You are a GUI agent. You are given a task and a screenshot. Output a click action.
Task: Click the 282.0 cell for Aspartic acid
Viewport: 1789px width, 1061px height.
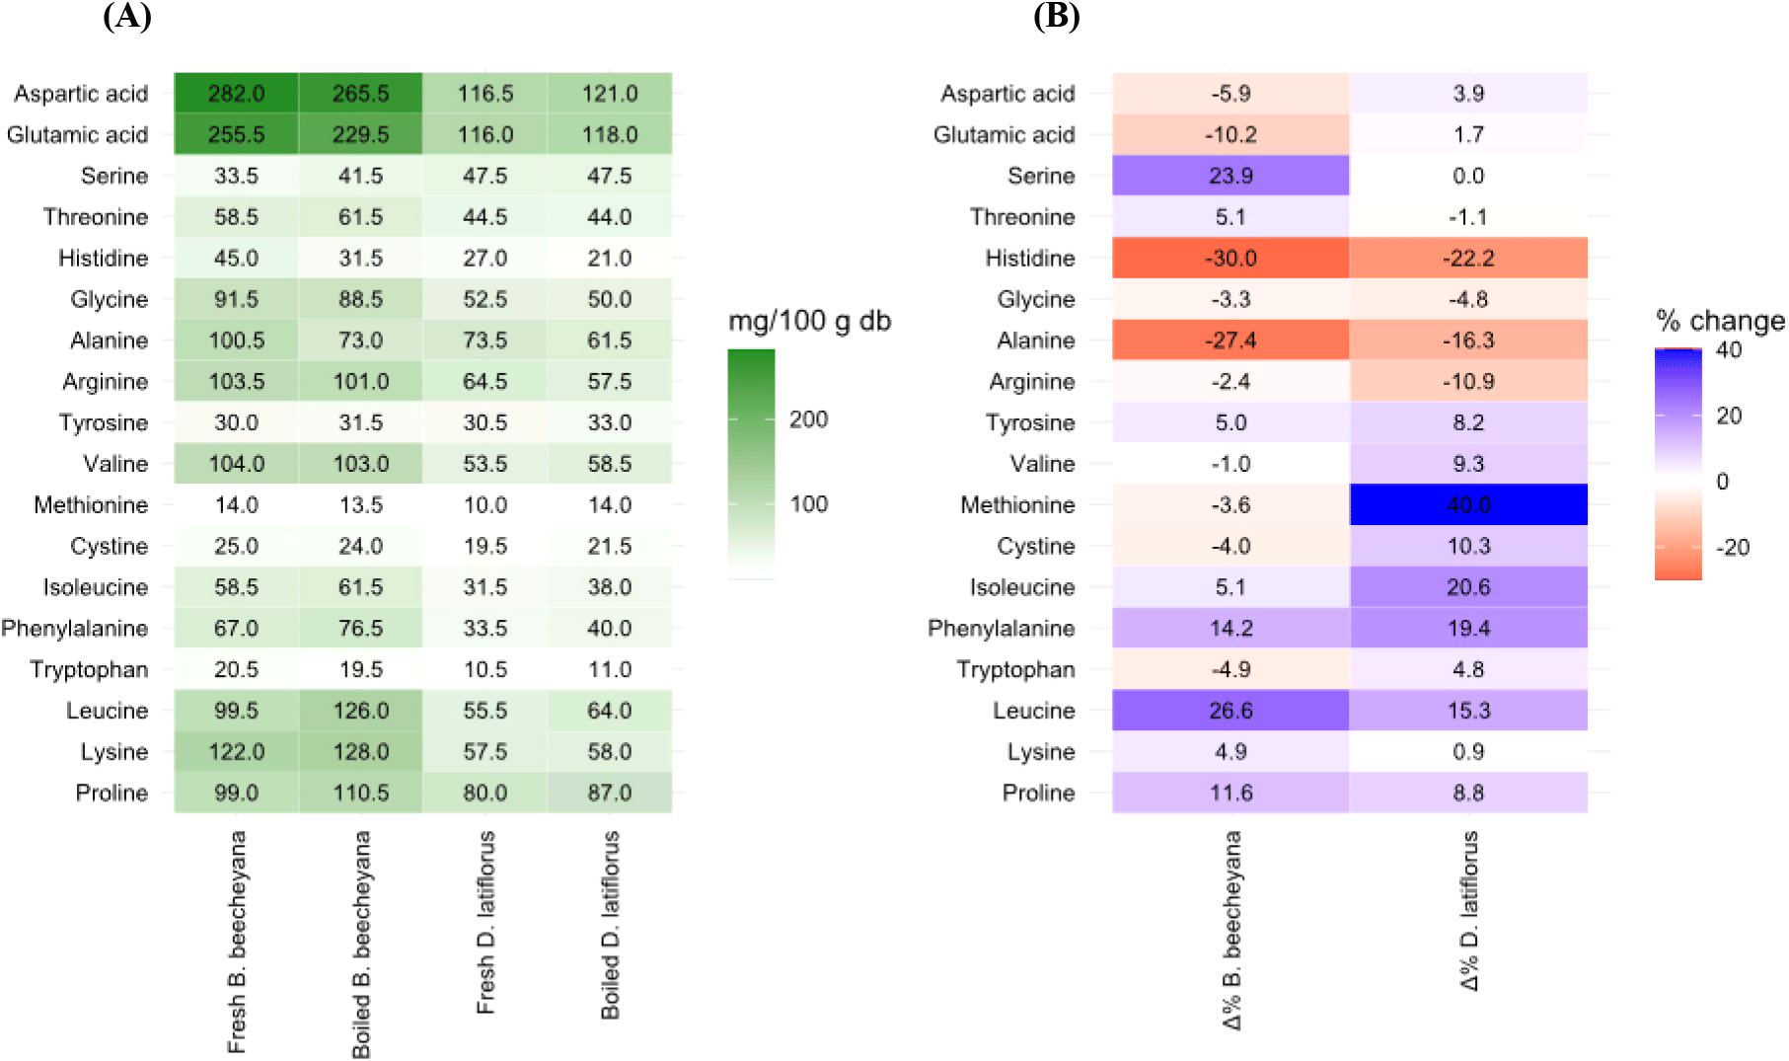[x=236, y=94]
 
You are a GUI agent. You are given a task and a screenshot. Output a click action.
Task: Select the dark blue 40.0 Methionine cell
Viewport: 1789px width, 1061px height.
[x=1468, y=504]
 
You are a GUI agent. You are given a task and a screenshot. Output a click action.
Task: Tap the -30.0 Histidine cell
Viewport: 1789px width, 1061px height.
[x=1230, y=259]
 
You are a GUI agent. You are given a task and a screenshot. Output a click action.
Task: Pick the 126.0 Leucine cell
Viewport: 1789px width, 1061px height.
[x=360, y=711]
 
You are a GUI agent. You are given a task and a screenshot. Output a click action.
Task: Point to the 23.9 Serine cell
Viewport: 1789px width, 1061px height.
[x=1230, y=176]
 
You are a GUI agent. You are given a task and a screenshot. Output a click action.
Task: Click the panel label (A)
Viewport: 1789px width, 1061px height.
[x=127, y=16]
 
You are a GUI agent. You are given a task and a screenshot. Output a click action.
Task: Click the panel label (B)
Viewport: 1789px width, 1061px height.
[x=1056, y=16]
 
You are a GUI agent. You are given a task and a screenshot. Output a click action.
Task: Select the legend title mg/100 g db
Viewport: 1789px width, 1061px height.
[x=809, y=321]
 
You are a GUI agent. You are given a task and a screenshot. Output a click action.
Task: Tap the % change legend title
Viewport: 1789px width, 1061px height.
[x=1720, y=321]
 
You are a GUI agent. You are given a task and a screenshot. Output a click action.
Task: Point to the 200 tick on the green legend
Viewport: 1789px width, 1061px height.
[x=808, y=419]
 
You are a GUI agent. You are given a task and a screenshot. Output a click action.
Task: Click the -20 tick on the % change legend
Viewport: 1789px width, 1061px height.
[x=1732, y=548]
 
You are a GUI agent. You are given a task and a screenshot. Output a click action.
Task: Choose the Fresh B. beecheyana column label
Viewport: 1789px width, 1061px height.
[x=237, y=942]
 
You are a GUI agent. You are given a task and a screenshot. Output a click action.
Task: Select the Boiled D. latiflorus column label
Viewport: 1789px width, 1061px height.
[x=611, y=925]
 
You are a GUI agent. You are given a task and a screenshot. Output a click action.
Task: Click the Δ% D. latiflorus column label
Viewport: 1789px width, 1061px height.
[x=1469, y=910]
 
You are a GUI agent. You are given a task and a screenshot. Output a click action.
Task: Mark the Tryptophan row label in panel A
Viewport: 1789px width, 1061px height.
[x=89, y=670]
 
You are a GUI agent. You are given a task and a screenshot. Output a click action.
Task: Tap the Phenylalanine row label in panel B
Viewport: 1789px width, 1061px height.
[x=1001, y=629]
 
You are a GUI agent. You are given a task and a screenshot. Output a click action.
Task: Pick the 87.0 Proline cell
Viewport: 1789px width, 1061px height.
[x=609, y=794]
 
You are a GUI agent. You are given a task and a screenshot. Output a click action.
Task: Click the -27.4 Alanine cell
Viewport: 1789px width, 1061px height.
[x=1230, y=341]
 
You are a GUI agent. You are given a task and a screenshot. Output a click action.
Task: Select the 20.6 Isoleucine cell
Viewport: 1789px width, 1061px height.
[x=1468, y=587]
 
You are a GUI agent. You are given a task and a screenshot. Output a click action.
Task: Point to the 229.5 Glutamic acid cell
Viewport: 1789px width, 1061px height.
[x=360, y=135]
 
